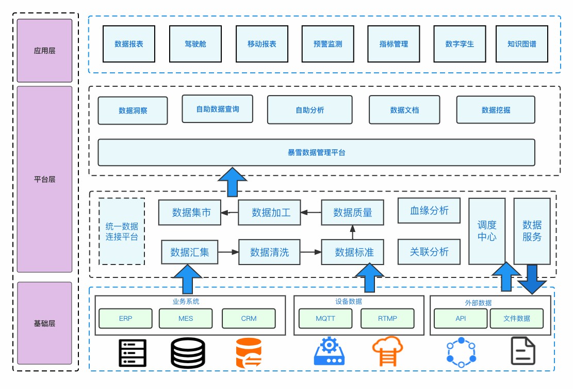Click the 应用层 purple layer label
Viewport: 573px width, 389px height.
[44, 51]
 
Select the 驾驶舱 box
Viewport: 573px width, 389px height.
[195, 44]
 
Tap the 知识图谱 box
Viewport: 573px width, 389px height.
[521, 44]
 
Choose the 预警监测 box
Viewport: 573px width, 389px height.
[328, 44]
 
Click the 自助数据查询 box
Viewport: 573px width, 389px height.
[218, 109]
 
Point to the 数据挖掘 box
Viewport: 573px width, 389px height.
[496, 110]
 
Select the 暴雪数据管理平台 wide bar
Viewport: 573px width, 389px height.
[316, 152]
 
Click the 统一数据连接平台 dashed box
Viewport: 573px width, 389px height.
[122, 231]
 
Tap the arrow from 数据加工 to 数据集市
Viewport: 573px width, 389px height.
[230, 212]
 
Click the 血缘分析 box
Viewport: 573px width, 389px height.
[429, 211]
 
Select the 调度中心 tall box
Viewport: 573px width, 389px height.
[487, 231]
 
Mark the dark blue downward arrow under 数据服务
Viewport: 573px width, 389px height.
[532, 279]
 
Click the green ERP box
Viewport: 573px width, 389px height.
[125, 318]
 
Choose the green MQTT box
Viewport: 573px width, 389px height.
[325, 318]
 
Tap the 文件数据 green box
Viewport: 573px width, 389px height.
[516, 318]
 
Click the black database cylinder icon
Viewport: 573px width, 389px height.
[188, 352]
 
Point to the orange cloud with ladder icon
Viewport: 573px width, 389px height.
[387, 351]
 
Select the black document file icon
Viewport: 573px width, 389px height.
[523, 351]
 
